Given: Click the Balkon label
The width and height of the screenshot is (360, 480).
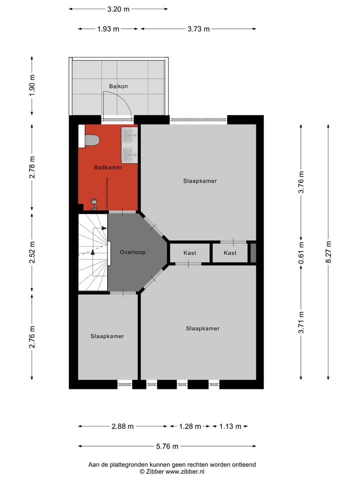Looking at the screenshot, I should click(x=118, y=86).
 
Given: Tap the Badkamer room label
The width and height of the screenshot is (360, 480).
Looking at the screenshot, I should click(x=108, y=167).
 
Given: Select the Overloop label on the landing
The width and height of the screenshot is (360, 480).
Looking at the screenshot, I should click(x=132, y=252).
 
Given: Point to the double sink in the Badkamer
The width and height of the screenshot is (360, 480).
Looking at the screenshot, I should click(x=129, y=144).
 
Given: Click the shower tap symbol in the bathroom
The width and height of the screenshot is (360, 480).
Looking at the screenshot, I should click(x=93, y=203).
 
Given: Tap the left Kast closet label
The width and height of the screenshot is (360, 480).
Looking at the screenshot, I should click(x=190, y=253).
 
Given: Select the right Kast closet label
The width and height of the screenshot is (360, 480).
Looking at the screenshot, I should click(x=230, y=253).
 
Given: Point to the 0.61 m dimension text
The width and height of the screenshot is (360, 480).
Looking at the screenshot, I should click(x=301, y=252).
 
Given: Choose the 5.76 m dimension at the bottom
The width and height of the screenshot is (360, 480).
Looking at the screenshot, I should click(x=167, y=446).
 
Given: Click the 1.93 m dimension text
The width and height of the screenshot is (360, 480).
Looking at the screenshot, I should click(x=108, y=29).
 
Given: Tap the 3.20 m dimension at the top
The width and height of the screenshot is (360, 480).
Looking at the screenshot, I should click(x=118, y=9).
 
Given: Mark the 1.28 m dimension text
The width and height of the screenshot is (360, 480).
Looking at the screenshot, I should click(x=190, y=426).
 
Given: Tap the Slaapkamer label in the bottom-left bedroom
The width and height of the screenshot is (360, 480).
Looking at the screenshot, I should click(x=107, y=336).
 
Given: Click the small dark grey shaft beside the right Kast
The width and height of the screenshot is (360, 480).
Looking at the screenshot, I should click(x=252, y=252).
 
